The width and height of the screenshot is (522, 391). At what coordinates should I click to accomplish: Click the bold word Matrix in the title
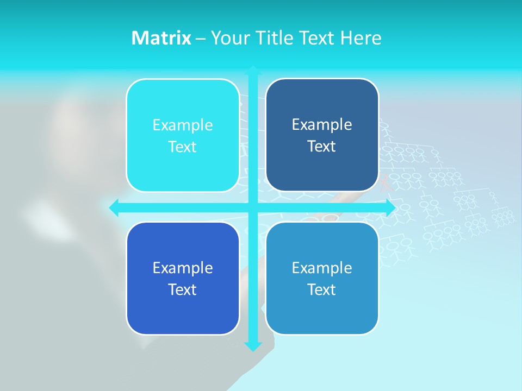(x=161, y=38)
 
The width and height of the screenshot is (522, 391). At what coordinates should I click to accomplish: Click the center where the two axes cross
(x=253, y=207)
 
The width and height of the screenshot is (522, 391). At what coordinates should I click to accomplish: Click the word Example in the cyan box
(x=183, y=125)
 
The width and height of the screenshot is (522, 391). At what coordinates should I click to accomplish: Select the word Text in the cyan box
(x=183, y=147)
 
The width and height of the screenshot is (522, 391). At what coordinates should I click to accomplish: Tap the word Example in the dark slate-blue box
(x=322, y=125)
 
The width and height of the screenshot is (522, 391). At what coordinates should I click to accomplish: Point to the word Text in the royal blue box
(x=183, y=290)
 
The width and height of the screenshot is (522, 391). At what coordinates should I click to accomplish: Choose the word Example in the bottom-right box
(x=322, y=268)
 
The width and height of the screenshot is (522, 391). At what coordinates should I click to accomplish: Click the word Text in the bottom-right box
(x=322, y=290)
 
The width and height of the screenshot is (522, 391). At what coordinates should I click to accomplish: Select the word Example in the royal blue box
(x=183, y=268)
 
